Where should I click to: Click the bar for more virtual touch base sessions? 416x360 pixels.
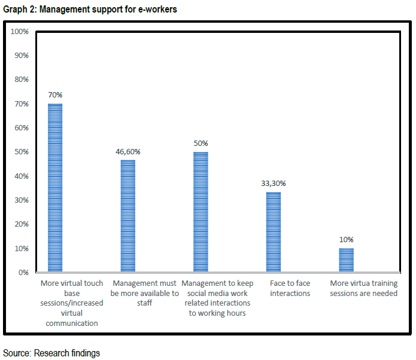pyautogui.click(x=55, y=188)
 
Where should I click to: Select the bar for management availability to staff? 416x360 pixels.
pyautogui.click(x=128, y=216)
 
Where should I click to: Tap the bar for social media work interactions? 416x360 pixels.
pyautogui.click(x=201, y=212)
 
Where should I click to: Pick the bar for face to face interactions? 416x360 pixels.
pyautogui.click(x=273, y=232)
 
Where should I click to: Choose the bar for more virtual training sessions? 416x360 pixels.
pyautogui.click(x=346, y=260)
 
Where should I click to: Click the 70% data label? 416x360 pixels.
pyautogui.click(x=56, y=95)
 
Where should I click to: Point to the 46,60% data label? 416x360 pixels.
pyautogui.click(x=128, y=151)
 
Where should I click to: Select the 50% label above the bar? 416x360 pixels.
pyautogui.click(x=201, y=144)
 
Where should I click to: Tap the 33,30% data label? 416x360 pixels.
pyautogui.click(x=273, y=184)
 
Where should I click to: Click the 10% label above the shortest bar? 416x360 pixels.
pyautogui.click(x=346, y=240)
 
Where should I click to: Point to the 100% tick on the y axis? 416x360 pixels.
pyautogui.click(x=20, y=31)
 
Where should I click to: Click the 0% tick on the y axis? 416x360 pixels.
pyautogui.click(x=23, y=272)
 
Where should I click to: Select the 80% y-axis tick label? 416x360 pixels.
pyautogui.click(x=22, y=80)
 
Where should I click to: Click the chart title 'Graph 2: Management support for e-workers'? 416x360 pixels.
pyautogui.click(x=90, y=10)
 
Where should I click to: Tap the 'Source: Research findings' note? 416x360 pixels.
pyautogui.click(x=51, y=353)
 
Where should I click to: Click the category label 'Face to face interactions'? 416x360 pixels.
pyautogui.click(x=290, y=288)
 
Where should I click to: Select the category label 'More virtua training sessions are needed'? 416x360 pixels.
pyautogui.click(x=364, y=288)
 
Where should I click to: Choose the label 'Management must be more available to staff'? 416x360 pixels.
pyautogui.click(x=145, y=293)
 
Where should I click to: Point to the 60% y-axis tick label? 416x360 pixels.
pyautogui.click(x=22, y=127)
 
